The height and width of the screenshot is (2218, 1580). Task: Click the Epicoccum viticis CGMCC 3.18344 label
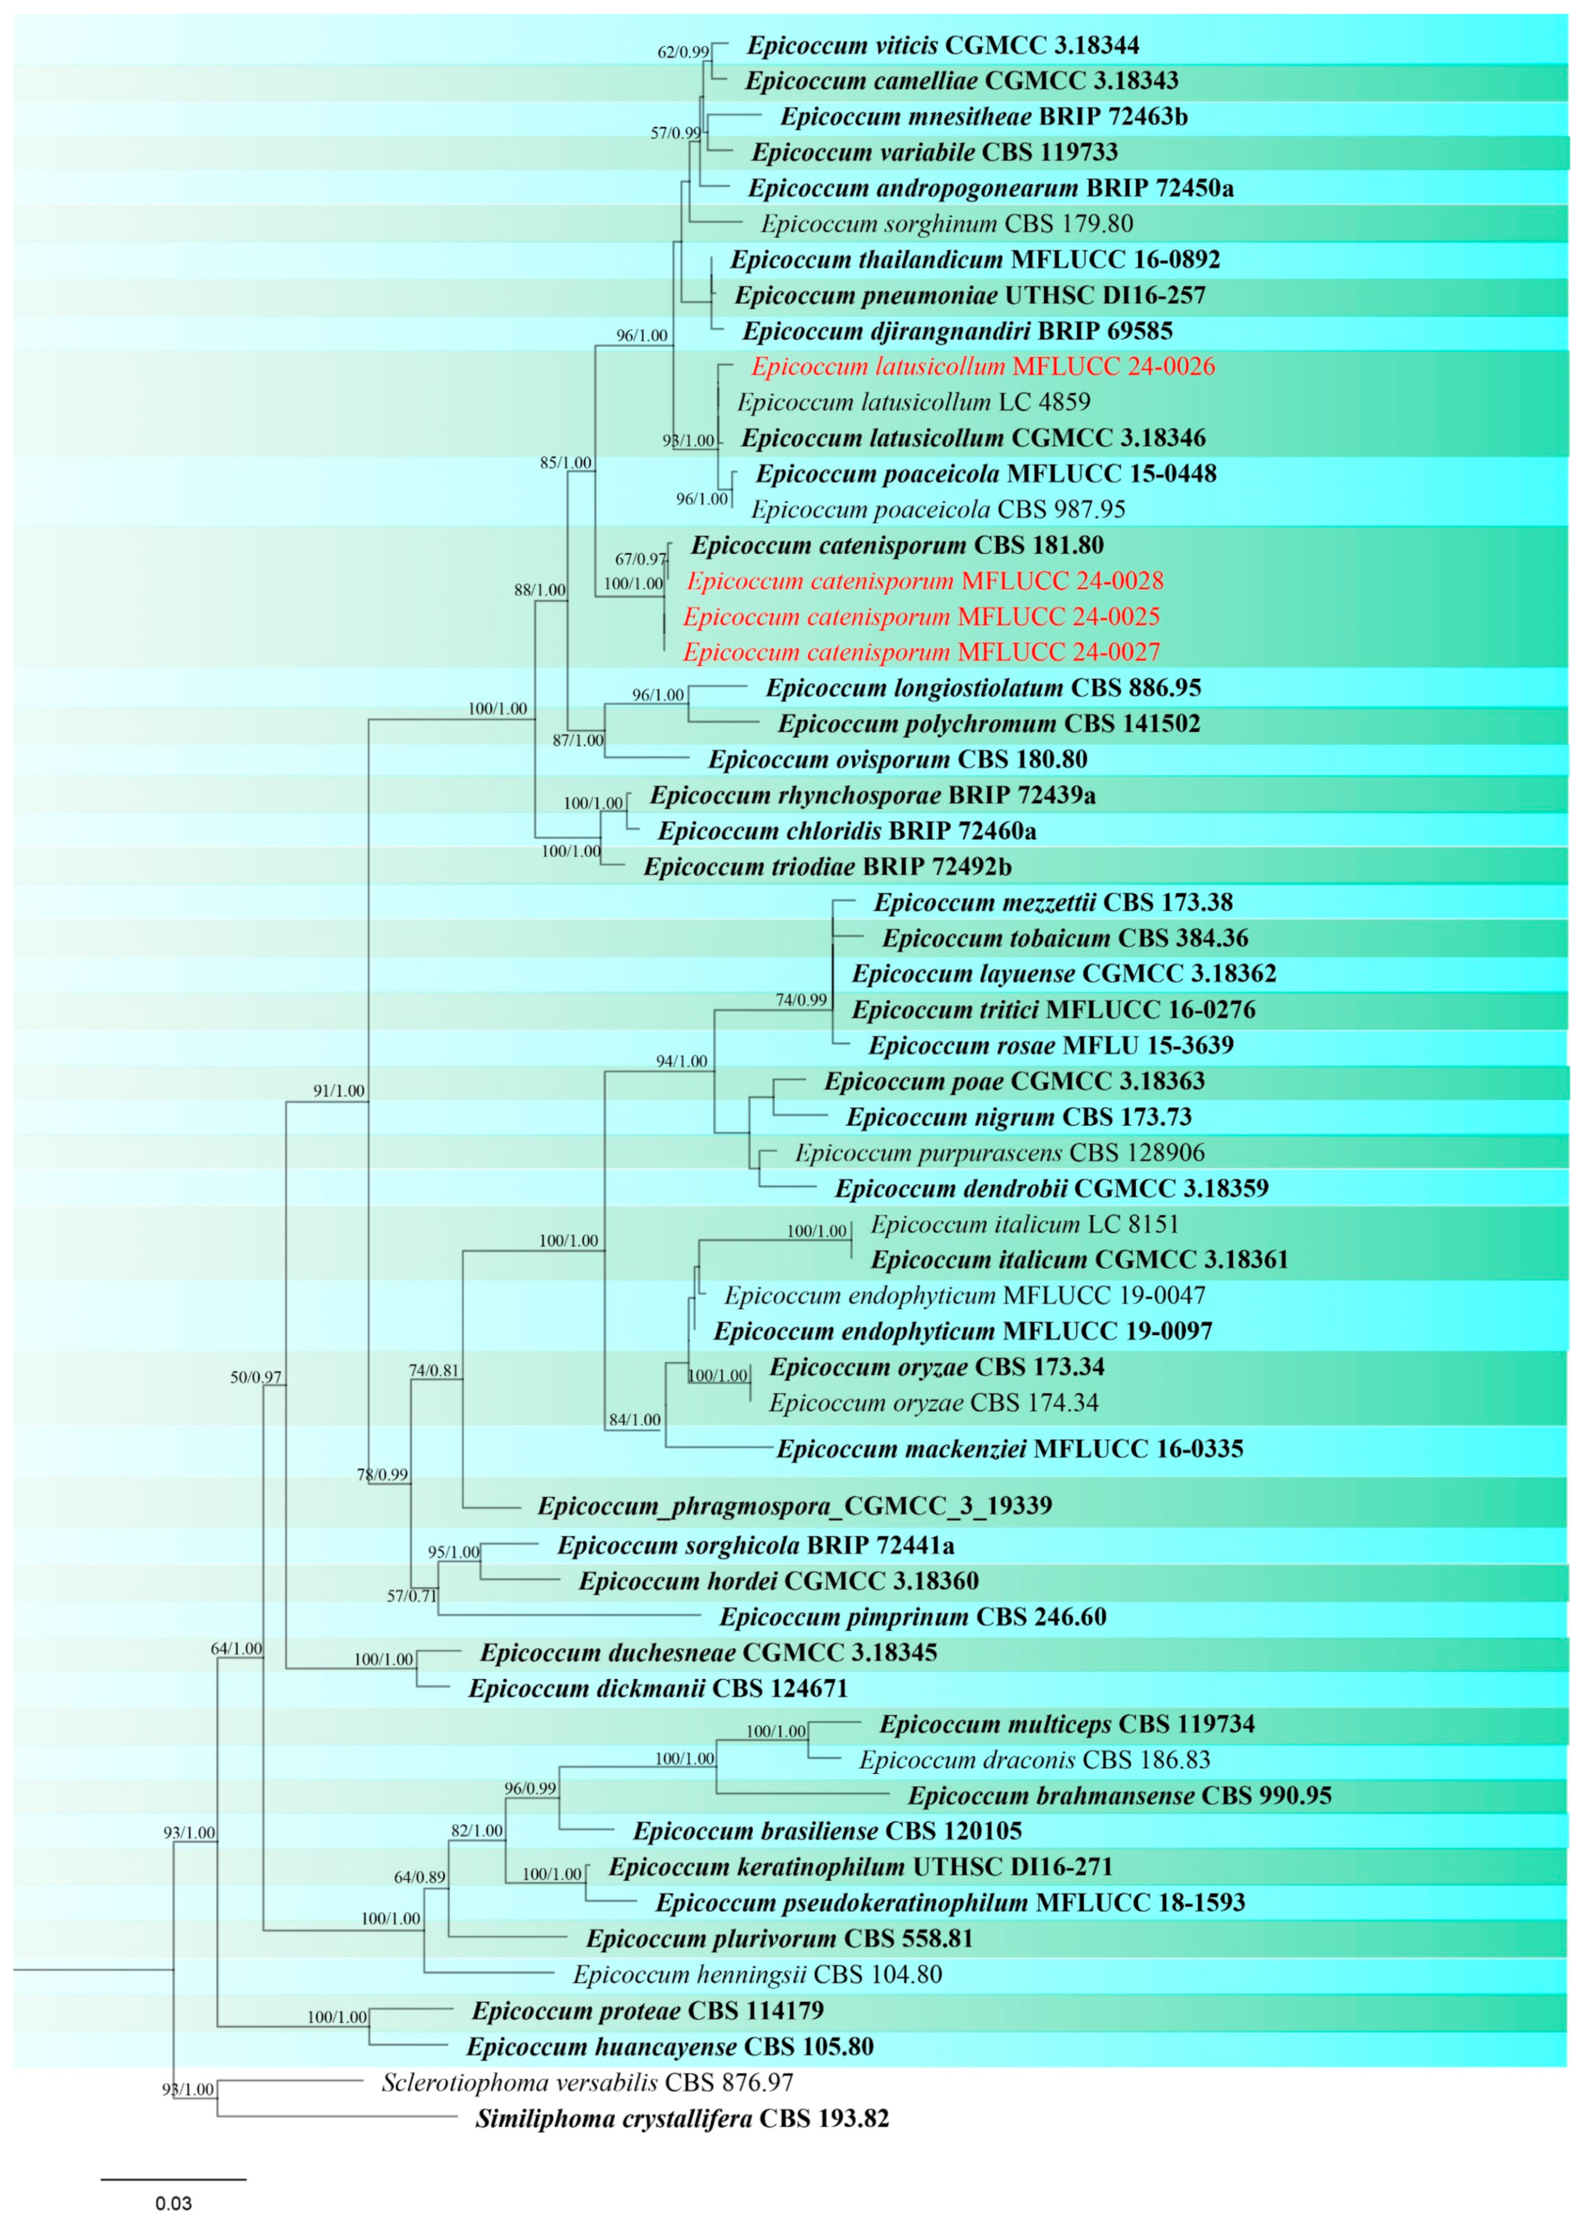(x=943, y=45)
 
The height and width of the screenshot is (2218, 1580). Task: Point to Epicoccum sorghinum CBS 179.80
(x=946, y=224)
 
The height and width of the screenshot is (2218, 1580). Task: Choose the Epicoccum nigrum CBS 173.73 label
(x=1019, y=1117)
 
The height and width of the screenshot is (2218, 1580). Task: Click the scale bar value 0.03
(x=173, y=2204)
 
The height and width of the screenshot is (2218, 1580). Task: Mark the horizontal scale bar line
(x=173, y=2179)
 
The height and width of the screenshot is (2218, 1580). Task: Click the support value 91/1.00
(x=339, y=1090)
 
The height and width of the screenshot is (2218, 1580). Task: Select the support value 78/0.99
(x=382, y=1475)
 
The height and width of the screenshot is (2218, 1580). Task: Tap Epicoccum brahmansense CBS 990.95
(x=1120, y=1796)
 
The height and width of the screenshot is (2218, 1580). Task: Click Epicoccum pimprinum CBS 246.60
(x=913, y=1617)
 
